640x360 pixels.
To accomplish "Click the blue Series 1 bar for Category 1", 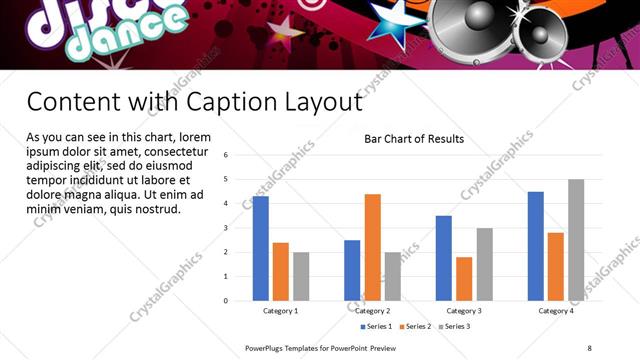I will click(260, 248).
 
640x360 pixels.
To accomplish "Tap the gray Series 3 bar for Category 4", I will click(576, 240).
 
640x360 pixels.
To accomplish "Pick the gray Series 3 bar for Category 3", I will click(484, 264).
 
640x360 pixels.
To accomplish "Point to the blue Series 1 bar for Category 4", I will click(536, 246).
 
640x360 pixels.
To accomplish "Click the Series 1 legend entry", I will click(376, 326).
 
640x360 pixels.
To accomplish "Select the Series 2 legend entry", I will click(414, 326).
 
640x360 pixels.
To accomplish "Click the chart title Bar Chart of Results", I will click(413, 139).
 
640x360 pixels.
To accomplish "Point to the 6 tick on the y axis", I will click(227, 155).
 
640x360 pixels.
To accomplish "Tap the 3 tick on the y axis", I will click(227, 228).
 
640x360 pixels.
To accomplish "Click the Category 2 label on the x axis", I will click(372, 311).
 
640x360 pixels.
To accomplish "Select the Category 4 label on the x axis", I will click(556, 311).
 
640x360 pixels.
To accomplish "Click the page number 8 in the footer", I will click(589, 348).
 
